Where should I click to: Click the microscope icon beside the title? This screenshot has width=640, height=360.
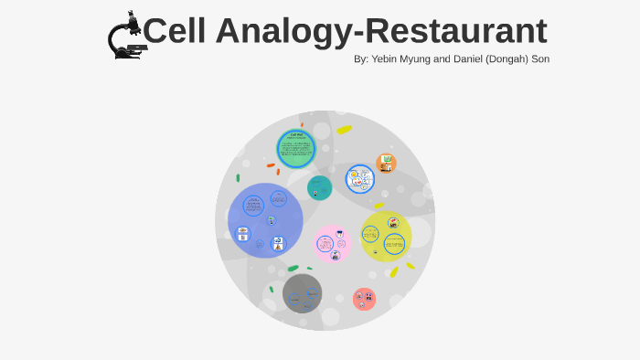125,37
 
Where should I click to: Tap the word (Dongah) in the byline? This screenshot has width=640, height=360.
498,59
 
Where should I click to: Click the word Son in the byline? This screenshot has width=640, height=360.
539,59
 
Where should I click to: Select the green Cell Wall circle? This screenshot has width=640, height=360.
296,148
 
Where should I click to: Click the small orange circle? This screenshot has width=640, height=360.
387,164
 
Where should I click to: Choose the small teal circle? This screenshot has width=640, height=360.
319,187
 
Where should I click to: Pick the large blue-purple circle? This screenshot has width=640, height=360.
265,220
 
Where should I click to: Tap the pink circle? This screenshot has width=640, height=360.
333,244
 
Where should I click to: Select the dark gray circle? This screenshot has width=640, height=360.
302,293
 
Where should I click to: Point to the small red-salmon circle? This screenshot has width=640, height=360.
364,299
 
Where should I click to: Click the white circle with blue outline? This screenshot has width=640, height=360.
360,179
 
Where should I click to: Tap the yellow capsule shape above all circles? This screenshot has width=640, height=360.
344,130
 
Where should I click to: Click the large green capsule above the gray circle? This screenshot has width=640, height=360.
293,269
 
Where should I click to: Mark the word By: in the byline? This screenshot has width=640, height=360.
361,59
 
